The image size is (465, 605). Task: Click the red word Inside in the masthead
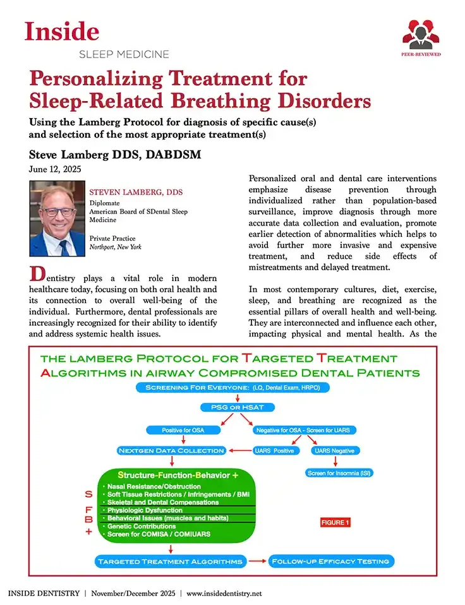coord(62,31)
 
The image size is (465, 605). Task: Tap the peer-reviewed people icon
coord(421,36)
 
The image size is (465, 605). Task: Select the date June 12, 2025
coord(55,169)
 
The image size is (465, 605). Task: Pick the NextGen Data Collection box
coord(171,450)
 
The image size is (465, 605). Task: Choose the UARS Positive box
coord(274,450)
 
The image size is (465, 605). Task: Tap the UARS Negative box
coord(335,450)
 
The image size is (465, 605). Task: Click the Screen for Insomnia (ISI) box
coord(335,473)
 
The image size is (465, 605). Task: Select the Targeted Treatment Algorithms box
coord(169,561)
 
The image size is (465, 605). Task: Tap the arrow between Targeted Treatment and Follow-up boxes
coord(256,561)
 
